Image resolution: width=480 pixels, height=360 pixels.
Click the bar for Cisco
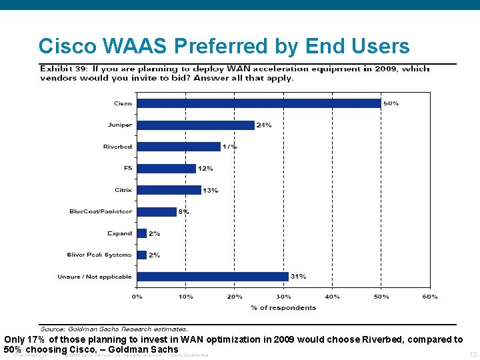coord(259,103)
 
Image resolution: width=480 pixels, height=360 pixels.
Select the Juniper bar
coord(195,125)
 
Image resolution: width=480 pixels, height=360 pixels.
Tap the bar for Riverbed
coord(178,147)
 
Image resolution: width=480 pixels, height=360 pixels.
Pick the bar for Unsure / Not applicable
coord(212,276)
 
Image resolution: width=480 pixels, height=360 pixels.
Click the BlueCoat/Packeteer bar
coord(156,211)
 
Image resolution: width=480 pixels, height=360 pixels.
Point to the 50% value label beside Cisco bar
coord(391,103)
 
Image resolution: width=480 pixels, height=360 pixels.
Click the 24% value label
coord(264,125)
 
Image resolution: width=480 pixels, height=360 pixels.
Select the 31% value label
coord(298,276)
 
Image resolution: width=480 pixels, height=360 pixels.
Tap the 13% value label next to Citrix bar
coord(211,190)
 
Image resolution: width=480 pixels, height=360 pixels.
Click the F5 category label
coord(126,168)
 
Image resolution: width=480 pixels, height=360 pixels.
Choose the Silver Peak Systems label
coord(99,255)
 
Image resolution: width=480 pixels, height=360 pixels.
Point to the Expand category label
coord(120,233)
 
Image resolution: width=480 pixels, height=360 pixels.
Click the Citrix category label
coord(123,190)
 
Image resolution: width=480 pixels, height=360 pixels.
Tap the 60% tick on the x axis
coord(430,296)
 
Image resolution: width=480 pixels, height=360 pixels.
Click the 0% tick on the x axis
coord(137,296)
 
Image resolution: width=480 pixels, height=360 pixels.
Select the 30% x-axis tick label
coord(283,296)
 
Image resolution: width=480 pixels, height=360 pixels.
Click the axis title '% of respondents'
coord(283,307)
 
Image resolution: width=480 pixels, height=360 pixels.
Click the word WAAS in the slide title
coord(131,46)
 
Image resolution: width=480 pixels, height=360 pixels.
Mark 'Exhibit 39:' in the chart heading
coord(65,69)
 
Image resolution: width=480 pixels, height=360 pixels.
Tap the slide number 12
coord(473,355)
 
